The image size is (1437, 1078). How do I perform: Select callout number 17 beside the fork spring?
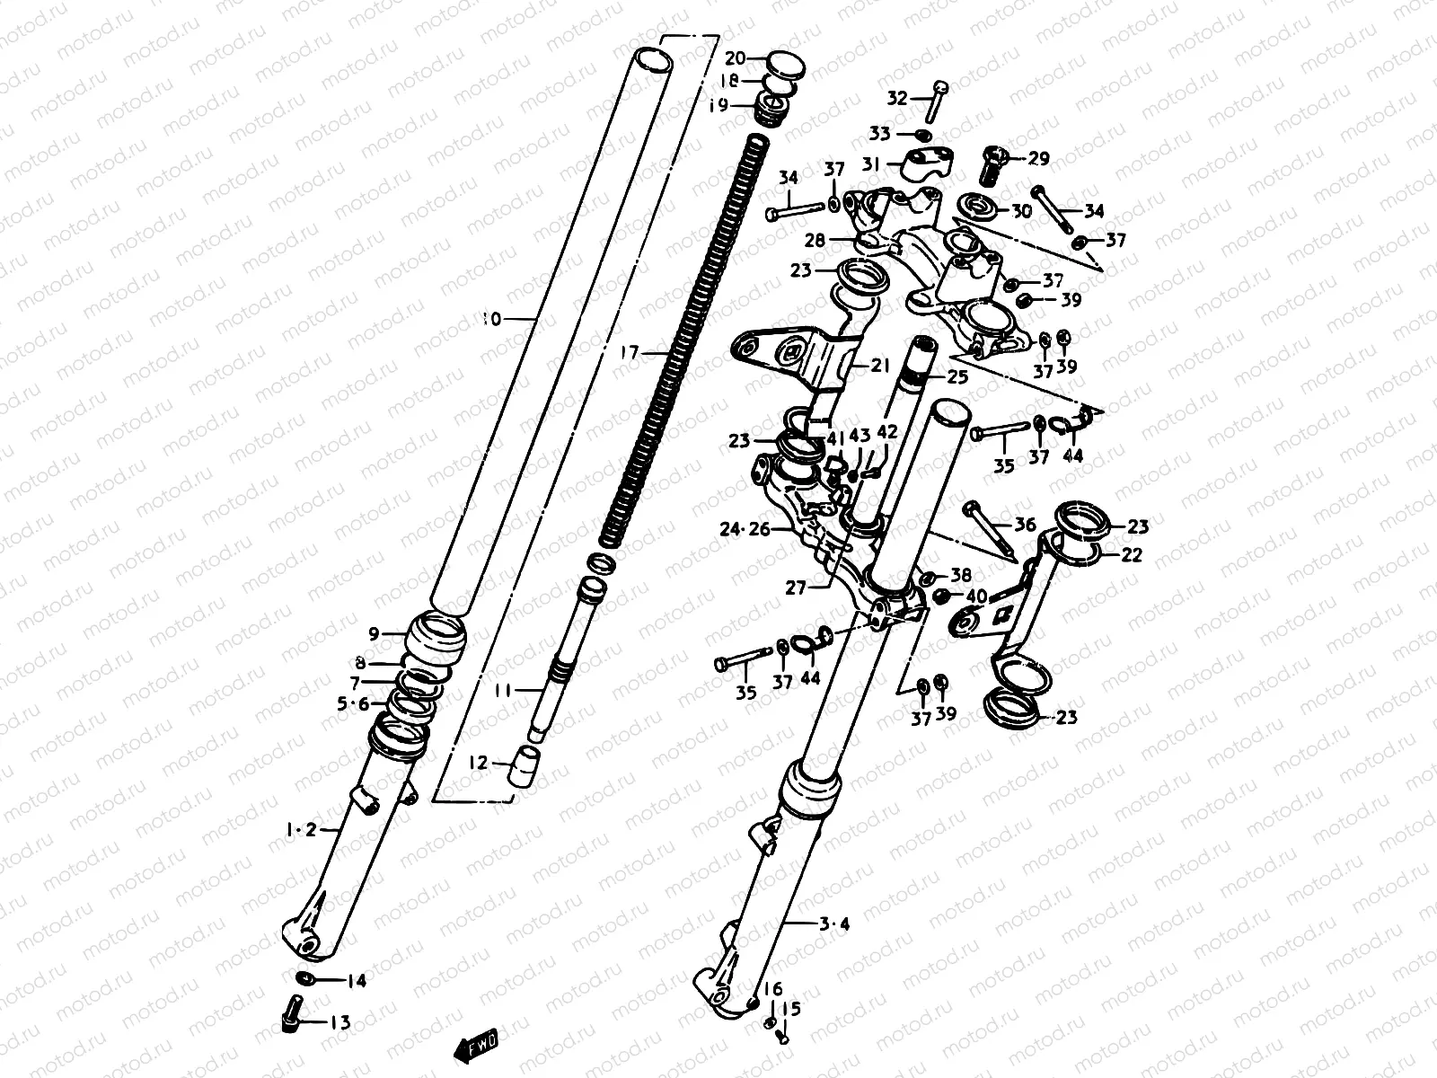(x=630, y=353)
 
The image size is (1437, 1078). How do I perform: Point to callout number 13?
(x=339, y=1022)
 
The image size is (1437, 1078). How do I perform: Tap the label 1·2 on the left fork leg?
(x=302, y=831)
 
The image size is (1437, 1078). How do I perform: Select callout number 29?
(x=1038, y=159)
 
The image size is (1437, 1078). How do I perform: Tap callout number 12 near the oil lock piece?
(x=479, y=763)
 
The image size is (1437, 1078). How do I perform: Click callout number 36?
(x=1025, y=526)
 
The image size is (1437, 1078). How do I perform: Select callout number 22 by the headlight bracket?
(x=1132, y=555)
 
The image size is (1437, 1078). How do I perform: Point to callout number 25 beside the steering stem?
(x=957, y=377)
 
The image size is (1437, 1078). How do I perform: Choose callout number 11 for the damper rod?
(x=502, y=691)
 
